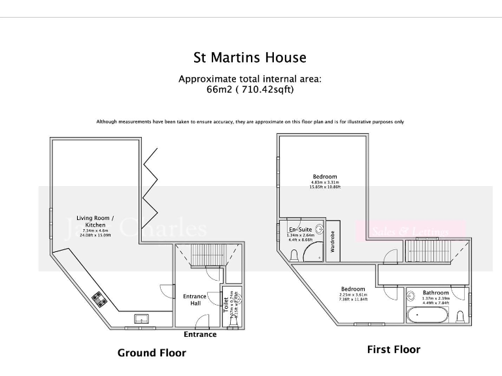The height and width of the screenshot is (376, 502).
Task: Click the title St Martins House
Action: pos(250,57)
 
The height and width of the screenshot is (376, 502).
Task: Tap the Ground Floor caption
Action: pos(152,353)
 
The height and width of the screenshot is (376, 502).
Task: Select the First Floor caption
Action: pos(393,349)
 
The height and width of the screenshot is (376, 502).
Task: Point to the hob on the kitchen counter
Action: pos(101,300)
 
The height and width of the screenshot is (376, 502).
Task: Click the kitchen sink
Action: pos(141,319)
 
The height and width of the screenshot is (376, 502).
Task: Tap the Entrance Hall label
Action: pos(195,300)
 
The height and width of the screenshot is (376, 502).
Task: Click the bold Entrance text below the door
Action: pos(199,334)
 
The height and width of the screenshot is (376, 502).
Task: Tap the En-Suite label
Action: pos(300,230)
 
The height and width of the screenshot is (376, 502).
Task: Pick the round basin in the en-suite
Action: pos(319,229)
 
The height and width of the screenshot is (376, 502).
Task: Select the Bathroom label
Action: pos(435,293)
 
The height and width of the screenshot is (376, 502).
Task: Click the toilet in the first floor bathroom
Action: pos(460,317)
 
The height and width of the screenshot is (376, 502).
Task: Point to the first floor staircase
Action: pos(428,252)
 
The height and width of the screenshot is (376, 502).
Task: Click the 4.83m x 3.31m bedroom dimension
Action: pos(325,182)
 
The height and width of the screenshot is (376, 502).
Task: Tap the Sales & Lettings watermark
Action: pos(411,231)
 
